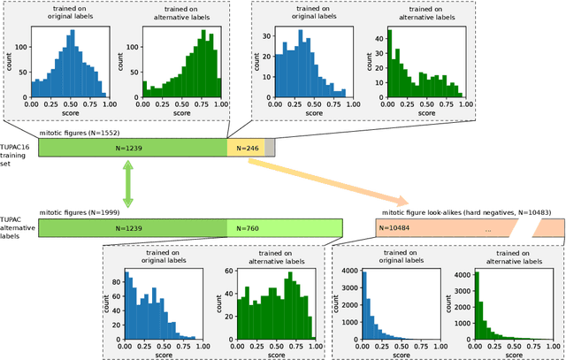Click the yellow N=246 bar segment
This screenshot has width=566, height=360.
(x=245, y=148)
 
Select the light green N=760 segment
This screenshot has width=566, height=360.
(x=285, y=228)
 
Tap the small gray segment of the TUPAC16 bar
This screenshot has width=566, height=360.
(x=270, y=148)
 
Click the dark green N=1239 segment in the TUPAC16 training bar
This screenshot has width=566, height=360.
(x=132, y=148)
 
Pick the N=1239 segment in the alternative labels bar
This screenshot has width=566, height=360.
(x=132, y=228)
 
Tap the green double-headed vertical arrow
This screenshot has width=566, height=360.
(x=127, y=184)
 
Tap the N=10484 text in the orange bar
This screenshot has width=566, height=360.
(x=394, y=229)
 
